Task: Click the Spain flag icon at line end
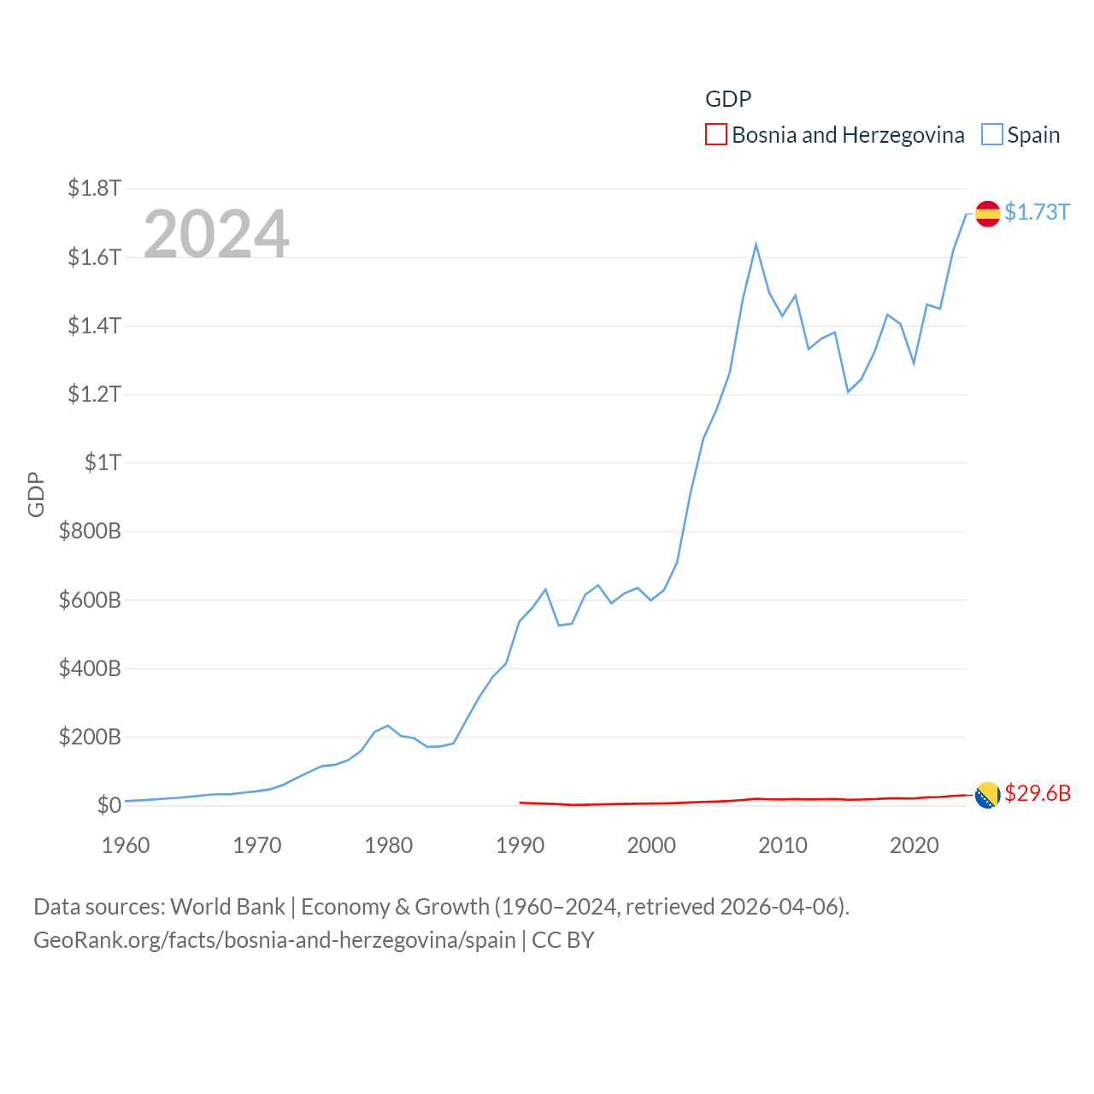pyautogui.click(x=987, y=214)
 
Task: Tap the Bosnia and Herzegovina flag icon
pyautogui.click(x=987, y=795)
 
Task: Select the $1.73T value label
pyautogui.click(x=1037, y=212)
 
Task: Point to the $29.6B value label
pyautogui.click(x=1038, y=793)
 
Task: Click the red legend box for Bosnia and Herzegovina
pyautogui.click(x=715, y=135)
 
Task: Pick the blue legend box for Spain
pyautogui.click(x=991, y=135)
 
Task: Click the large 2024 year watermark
pyautogui.click(x=216, y=233)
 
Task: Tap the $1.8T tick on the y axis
pyautogui.click(x=94, y=188)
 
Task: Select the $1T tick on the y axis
pyautogui.click(x=103, y=462)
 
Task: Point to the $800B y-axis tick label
pyautogui.click(x=90, y=531)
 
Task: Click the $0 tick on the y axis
pyautogui.click(x=109, y=805)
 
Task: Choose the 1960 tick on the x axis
pyautogui.click(x=126, y=845)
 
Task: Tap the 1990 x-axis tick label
pyautogui.click(x=520, y=845)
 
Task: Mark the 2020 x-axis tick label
pyautogui.click(x=914, y=845)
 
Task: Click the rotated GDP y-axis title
pyautogui.click(x=36, y=494)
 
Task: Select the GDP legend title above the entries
pyautogui.click(x=728, y=99)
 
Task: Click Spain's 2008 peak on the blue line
pyautogui.click(x=756, y=245)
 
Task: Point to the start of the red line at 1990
pyautogui.click(x=520, y=803)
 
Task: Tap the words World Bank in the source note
pyautogui.click(x=227, y=906)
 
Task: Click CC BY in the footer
pyautogui.click(x=562, y=940)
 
